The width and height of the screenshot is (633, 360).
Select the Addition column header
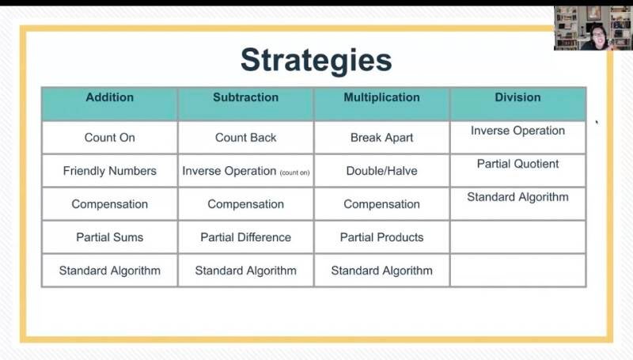click(x=109, y=97)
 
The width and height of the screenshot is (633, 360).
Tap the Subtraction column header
click(x=246, y=97)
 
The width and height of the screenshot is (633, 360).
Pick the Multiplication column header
click(x=382, y=97)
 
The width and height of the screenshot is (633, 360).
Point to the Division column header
click(x=518, y=97)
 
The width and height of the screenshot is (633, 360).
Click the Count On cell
click(x=109, y=138)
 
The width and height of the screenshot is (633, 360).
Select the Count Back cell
click(x=246, y=138)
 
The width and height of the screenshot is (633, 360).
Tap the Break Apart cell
click(x=382, y=138)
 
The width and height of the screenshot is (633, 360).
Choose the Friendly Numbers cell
click(x=109, y=171)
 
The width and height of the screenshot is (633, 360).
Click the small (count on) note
click(x=294, y=172)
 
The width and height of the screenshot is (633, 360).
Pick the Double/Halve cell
click(x=382, y=171)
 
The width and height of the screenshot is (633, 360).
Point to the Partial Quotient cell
click(x=518, y=164)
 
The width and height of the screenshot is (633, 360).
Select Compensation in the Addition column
click(x=109, y=204)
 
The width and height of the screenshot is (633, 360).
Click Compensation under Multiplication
click(x=382, y=204)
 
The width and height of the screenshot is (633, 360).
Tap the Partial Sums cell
click(x=109, y=237)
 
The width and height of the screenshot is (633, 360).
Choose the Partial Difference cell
click(x=246, y=237)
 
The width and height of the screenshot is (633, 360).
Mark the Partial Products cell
click(x=382, y=237)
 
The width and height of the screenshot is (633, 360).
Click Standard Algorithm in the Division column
click(x=518, y=197)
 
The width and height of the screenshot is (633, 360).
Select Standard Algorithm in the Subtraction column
click(x=246, y=271)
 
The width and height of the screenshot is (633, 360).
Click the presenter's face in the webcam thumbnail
click(x=598, y=36)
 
